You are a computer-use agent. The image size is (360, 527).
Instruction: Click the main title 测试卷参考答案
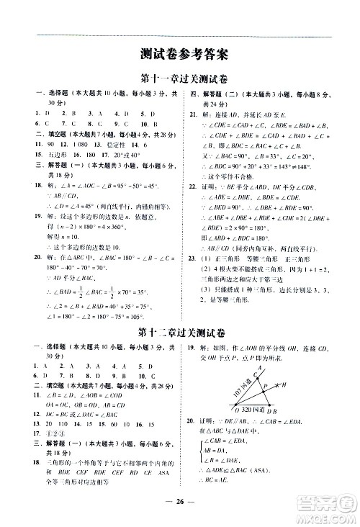[x=180, y=53]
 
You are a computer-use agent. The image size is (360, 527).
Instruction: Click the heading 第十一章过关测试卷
[x=180, y=78]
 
